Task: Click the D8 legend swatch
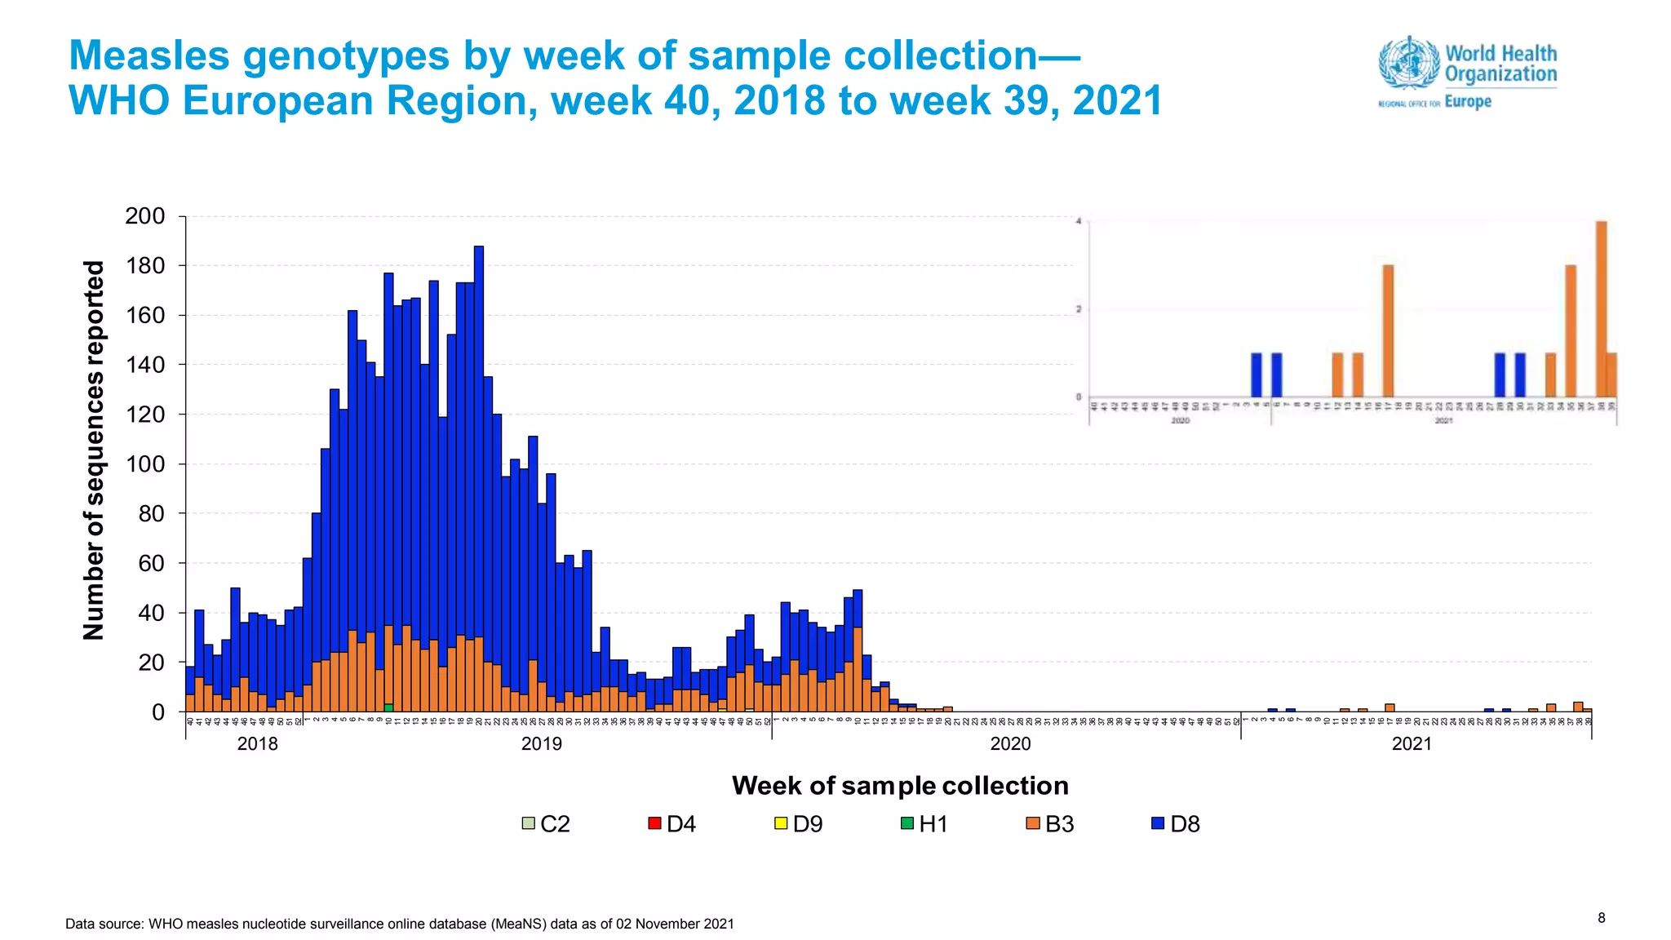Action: pos(1157,823)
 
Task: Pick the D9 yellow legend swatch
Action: pos(781,823)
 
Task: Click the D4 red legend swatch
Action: pos(654,823)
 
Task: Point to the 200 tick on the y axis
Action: pos(145,216)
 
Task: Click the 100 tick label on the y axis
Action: pos(145,464)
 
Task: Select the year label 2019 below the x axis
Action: pos(542,744)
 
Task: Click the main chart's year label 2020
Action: pos(1010,744)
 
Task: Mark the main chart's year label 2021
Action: pos(1412,744)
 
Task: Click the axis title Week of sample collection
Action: pos(900,785)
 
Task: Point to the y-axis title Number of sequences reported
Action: pos(94,450)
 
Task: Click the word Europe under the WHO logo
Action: pos(1468,102)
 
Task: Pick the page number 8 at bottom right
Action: pos(1601,918)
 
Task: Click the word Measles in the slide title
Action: pos(149,56)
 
